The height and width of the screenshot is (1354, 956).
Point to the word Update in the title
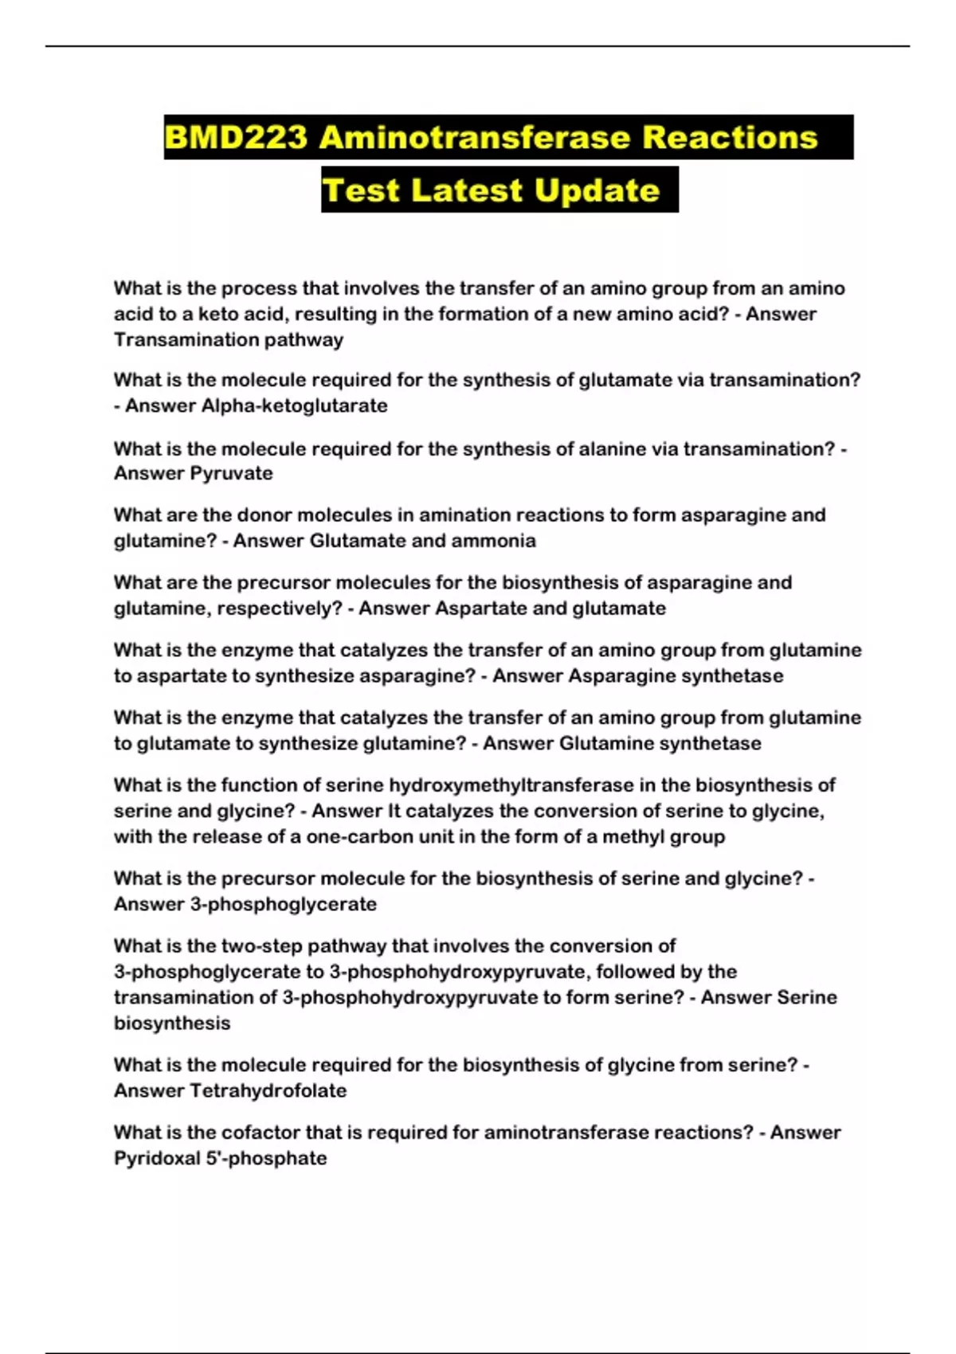(x=597, y=190)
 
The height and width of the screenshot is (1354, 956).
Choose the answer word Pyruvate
(x=233, y=473)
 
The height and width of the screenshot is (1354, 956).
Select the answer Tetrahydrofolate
(x=268, y=1091)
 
